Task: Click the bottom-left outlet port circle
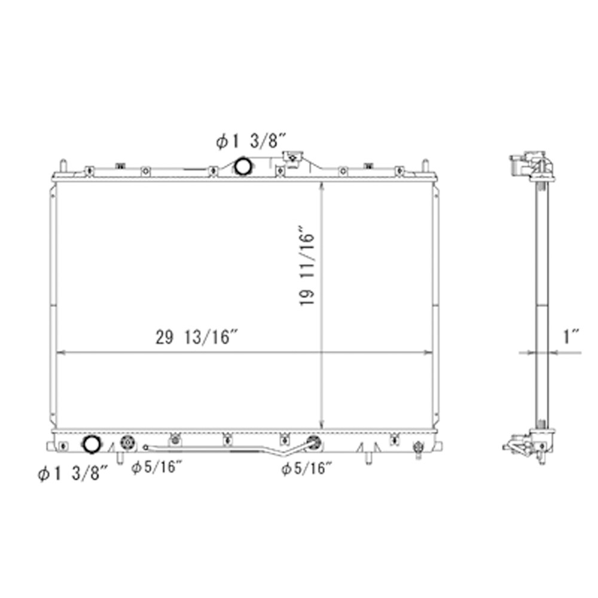91,444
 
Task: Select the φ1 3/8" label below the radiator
72,474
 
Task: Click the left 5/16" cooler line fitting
126,444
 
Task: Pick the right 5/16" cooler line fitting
312,443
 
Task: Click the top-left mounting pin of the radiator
62,165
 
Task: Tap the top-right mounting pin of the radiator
425,165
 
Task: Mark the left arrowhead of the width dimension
58,353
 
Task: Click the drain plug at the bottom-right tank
418,447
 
